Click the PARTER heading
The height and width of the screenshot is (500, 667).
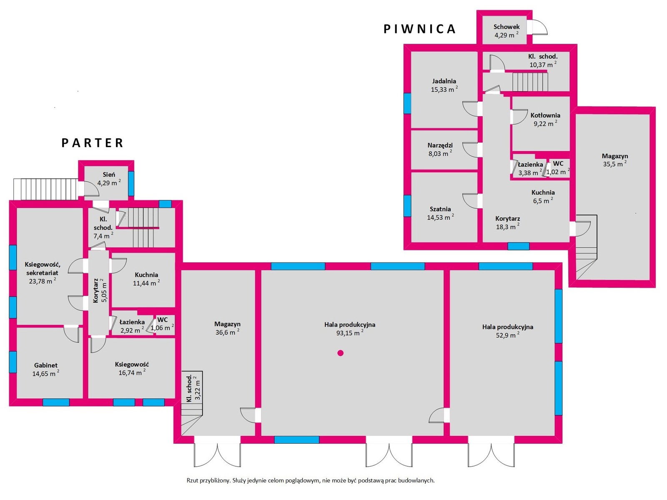coord(93,142)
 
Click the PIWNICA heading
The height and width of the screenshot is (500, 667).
coord(419,29)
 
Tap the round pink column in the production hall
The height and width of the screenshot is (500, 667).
coord(340,353)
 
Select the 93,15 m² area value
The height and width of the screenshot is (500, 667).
coord(350,333)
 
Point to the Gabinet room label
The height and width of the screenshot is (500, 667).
coord(45,365)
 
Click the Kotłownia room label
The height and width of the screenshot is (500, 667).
coord(545,115)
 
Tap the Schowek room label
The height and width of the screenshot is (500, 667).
coord(507,27)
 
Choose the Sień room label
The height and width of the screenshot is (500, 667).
coord(109,175)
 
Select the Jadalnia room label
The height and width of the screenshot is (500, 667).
coord(444,81)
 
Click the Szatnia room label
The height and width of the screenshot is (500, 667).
coord(440,209)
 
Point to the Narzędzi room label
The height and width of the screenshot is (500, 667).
coord(440,145)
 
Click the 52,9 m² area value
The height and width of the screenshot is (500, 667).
coord(508,335)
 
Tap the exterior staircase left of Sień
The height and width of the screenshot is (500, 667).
coord(46,189)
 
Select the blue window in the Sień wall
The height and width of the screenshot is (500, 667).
coord(131,184)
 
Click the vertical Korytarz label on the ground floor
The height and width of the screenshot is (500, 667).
coord(96,290)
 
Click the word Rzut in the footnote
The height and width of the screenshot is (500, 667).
coord(193,480)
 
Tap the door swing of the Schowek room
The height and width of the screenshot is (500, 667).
coord(540,27)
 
